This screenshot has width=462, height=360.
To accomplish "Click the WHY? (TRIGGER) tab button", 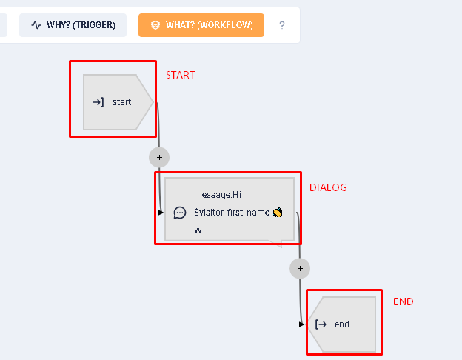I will click(73, 25).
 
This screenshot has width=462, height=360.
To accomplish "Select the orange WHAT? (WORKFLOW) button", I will click(201, 25).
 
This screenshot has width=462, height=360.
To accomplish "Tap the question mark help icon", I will click(281, 25).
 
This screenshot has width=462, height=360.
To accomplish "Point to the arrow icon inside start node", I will click(98, 102).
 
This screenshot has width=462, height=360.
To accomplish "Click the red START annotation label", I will click(180, 75).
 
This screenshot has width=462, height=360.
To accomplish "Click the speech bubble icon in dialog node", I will click(179, 213).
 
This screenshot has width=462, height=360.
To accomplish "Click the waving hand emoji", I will click(278, 213).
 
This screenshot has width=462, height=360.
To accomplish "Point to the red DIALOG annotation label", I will click(328, 187).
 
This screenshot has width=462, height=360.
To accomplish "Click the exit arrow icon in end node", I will click(321, 324).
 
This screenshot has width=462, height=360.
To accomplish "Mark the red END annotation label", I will click(404, 301).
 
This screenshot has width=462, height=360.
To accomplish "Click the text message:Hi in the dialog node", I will click(218, 195).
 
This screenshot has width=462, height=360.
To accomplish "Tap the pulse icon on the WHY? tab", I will click(36, 25).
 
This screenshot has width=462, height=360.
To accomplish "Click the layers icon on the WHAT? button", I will click(155, 25).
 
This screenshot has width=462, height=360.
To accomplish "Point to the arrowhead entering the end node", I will click(301, 324).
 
